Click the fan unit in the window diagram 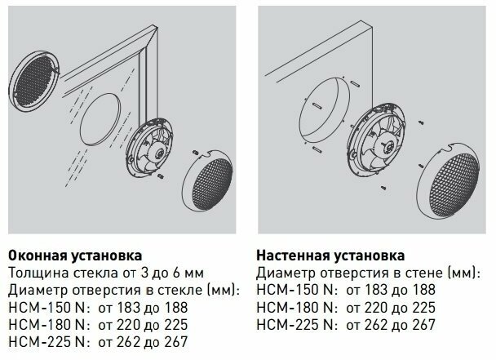(x=151, y=148)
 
